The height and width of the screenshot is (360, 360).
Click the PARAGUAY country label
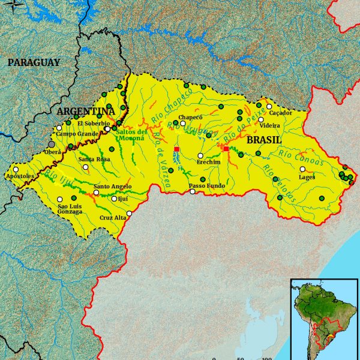pyautogui.click(x=34, y=62)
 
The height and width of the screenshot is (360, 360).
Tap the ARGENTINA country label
pyautogui.click(x=85, y=112)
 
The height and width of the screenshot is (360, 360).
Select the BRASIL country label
pyautogui.click(x=265, y=139)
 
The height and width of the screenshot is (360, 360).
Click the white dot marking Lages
pyautogui.click(x=302, y=169)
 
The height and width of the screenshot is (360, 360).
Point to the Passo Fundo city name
pyautogui.click(x=207, y=186)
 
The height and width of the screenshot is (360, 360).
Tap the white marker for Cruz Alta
pyautogui.click(x=129, y=213)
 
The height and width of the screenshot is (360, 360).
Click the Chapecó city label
pyautogui.click(x=191, y=117)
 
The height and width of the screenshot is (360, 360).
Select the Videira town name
pyautogui.click(x=269, y=125)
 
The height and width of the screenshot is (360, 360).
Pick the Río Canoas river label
pyautogui.click(x=301, y=158)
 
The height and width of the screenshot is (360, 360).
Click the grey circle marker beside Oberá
pyautogui.click(x=52, y=144)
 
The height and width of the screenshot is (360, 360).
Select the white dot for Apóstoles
pyautogui.click(x=16, y=170)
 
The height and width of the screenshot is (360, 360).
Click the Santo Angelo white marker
pyautogui.click(x=96, y=193)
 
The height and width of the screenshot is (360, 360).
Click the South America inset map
pyautogui.click(x=323, y=316)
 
